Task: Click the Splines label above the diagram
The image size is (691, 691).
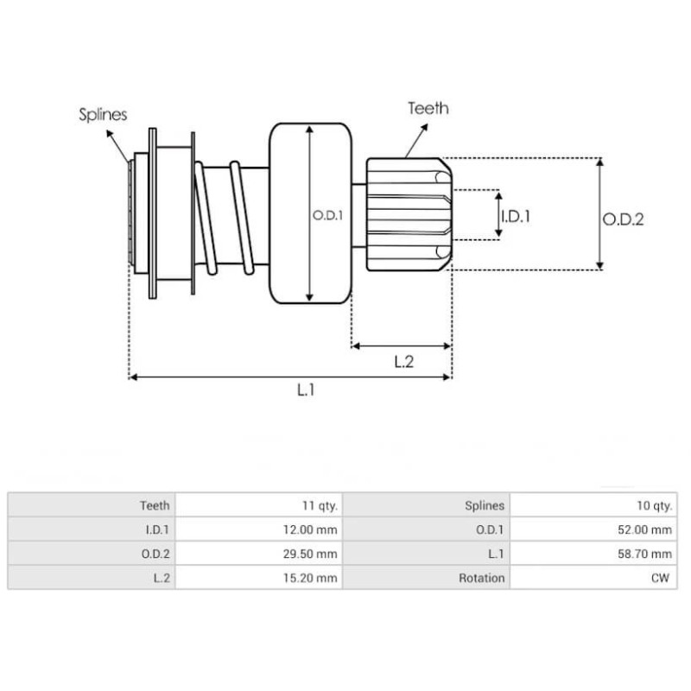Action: click(x=103, y=114)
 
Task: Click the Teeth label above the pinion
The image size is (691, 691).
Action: click(x=428, y=108)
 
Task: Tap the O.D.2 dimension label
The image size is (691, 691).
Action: click(x=623, y=219)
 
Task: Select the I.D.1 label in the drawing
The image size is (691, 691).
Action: click(x=516, y=216)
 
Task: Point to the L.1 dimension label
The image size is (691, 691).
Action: click(x=305, y=390)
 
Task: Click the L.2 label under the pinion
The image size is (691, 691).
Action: click(x=403, y=361)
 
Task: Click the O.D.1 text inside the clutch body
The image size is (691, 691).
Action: click(x=328, y=216)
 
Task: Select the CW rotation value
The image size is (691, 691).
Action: click(x=661, y=578)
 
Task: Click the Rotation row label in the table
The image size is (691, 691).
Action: click(x=481, y=578)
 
